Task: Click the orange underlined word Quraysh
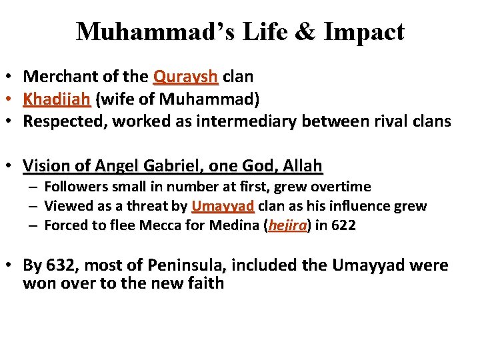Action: click(x=185, y=77)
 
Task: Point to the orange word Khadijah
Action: click(x=57, y=99)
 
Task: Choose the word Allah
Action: click(x=303, y=165)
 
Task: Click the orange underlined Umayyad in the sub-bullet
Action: click(x=223, y=206)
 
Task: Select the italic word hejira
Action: click(x=287, y=225)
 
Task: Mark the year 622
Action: click(x=343, y=225)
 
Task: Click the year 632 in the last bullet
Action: click(x=60, y=265)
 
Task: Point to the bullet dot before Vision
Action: click(x=12, y=165)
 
